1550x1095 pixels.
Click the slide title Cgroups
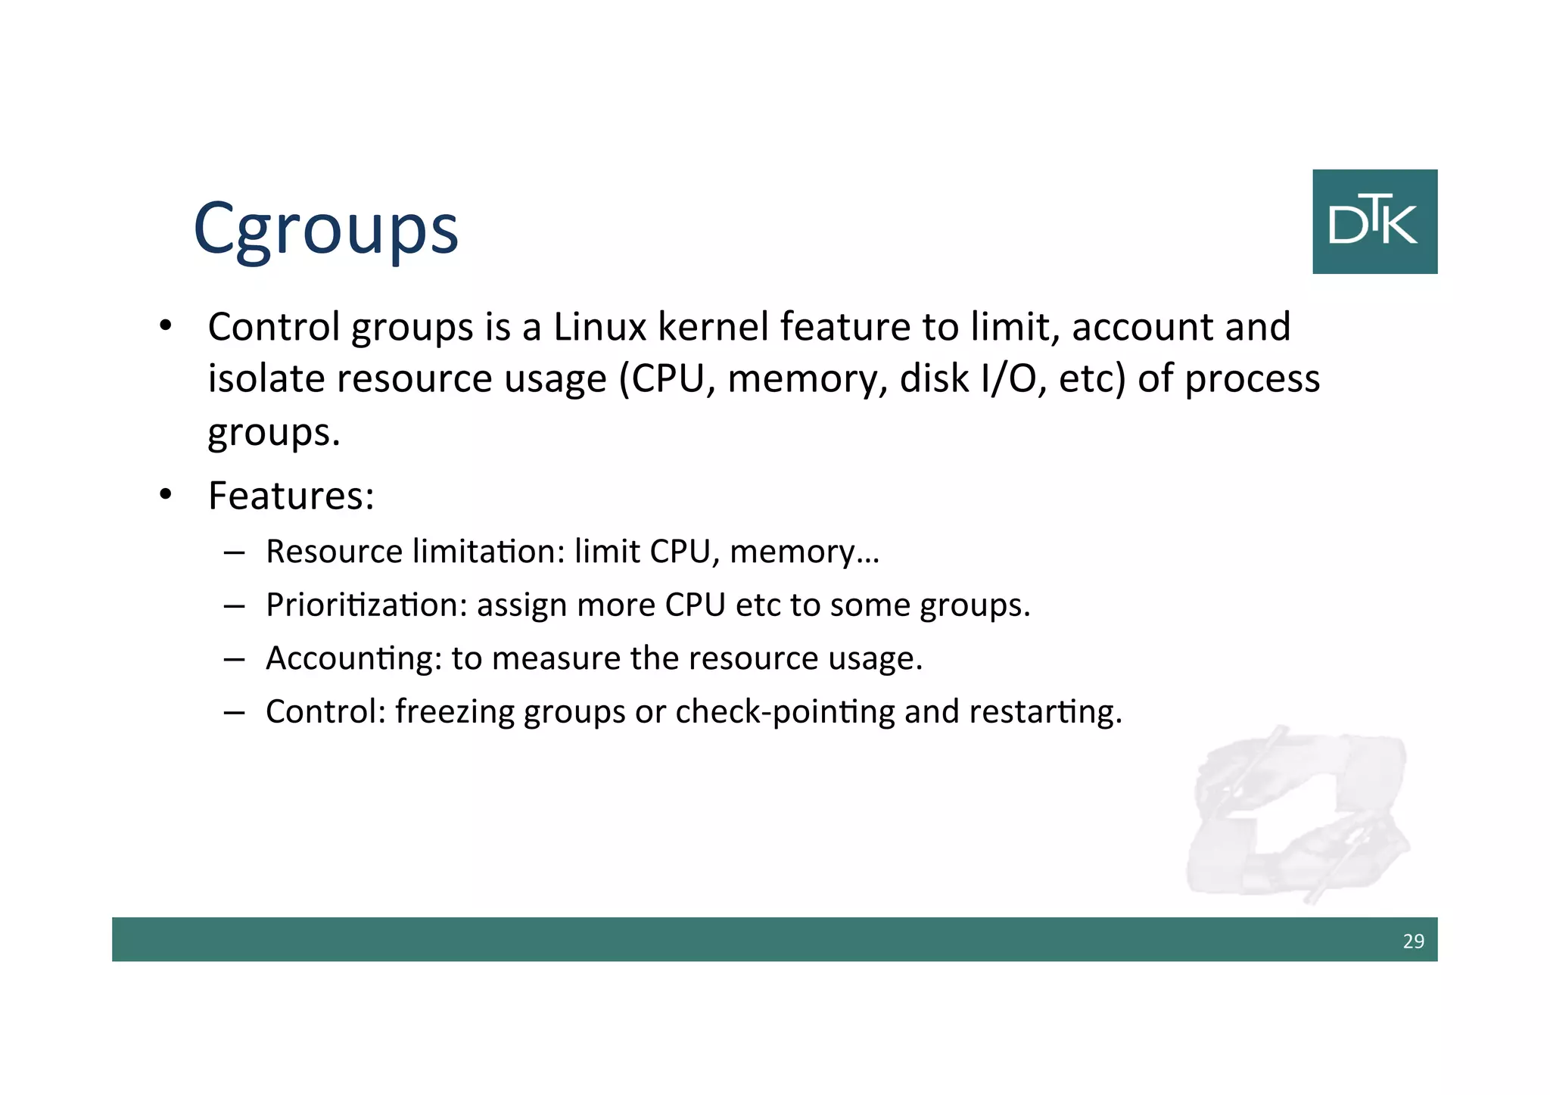tap(325, 229)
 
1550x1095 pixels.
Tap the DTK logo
tap(1374, 222)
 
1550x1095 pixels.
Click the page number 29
tap(1413, 941)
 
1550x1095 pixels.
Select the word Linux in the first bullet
tap(599, 327)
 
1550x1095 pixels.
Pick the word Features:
tap(291, 496)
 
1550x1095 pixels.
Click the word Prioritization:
tap(366, 605)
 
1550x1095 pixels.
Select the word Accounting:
tap(353, 658)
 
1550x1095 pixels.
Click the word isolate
tap(267, 378)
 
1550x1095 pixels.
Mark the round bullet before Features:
tap(166, 496)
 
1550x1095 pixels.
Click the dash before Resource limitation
tap(234, 552)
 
